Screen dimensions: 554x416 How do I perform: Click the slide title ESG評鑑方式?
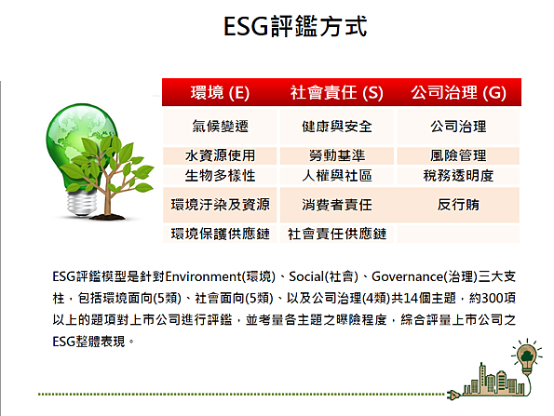click(x=295, y=26)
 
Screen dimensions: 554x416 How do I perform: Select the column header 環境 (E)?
click(x=220, y=92)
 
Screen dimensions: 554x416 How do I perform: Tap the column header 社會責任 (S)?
click(x=337, y=92)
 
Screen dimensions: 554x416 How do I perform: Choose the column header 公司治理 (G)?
click(x=458, y=92)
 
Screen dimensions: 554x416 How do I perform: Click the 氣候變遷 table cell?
click(x=220, y=126)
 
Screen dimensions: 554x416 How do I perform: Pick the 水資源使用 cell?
click(x=220, y=155)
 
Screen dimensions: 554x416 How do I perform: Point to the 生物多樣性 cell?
click(x=220, y=176)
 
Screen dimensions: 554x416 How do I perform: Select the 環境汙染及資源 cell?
click(x=220, y=205)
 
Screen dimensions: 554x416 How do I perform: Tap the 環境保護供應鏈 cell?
click(x=220, y=234)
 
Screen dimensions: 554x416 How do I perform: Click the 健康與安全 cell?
click(x=337, y=126)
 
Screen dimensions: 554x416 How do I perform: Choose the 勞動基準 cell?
click(x=337, y=155)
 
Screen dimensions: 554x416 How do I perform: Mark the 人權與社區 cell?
click(x=337, y=176)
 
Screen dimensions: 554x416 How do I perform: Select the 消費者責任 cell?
click(x=337, y=205)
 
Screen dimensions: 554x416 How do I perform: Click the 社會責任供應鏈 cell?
click(x=337, y=234)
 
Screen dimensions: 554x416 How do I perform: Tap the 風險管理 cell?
click(x=458, y=155)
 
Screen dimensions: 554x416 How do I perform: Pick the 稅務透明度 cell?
click(x=458, y=176)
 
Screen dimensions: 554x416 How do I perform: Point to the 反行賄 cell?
click(x=458, y=205)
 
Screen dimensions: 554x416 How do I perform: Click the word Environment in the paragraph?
click(x=203, y=276)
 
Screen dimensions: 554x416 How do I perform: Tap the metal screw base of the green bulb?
click(x=81, y=203)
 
